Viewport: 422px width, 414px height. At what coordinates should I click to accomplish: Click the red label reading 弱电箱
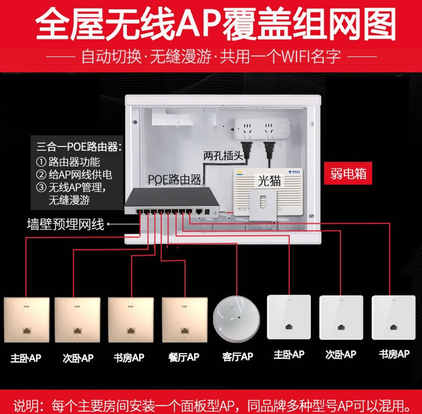(x=348, y=173)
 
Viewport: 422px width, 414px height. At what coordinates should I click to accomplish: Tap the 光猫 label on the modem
(x=269, y=181)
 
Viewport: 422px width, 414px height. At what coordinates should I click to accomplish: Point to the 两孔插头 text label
(x=223, y=155)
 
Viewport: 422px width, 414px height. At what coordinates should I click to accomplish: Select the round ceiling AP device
(x=236, y=319)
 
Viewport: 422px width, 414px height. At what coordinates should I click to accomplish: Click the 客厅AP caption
(x=237, y=357)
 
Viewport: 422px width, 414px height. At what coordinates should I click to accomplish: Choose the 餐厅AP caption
(x=184, y=357)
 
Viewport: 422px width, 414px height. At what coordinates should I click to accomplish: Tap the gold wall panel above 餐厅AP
(x=185, y=320)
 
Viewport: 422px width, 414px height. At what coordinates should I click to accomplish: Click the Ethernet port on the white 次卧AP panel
(x=341, y=327)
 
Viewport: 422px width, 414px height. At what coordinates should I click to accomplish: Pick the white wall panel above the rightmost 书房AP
(x=394, y=317)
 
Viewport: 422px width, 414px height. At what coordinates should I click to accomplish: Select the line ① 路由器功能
(x=68, y=162)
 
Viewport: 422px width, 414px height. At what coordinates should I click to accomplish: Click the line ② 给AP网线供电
(x=74, y=175)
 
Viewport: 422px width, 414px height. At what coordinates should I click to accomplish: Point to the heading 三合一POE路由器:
(x=79, y=147)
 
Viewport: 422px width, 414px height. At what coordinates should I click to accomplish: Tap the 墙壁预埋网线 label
(x=66, y=224)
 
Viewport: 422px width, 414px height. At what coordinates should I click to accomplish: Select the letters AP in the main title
(x=198, y=24)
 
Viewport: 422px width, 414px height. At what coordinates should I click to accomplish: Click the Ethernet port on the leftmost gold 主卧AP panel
(x=26, y=331)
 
